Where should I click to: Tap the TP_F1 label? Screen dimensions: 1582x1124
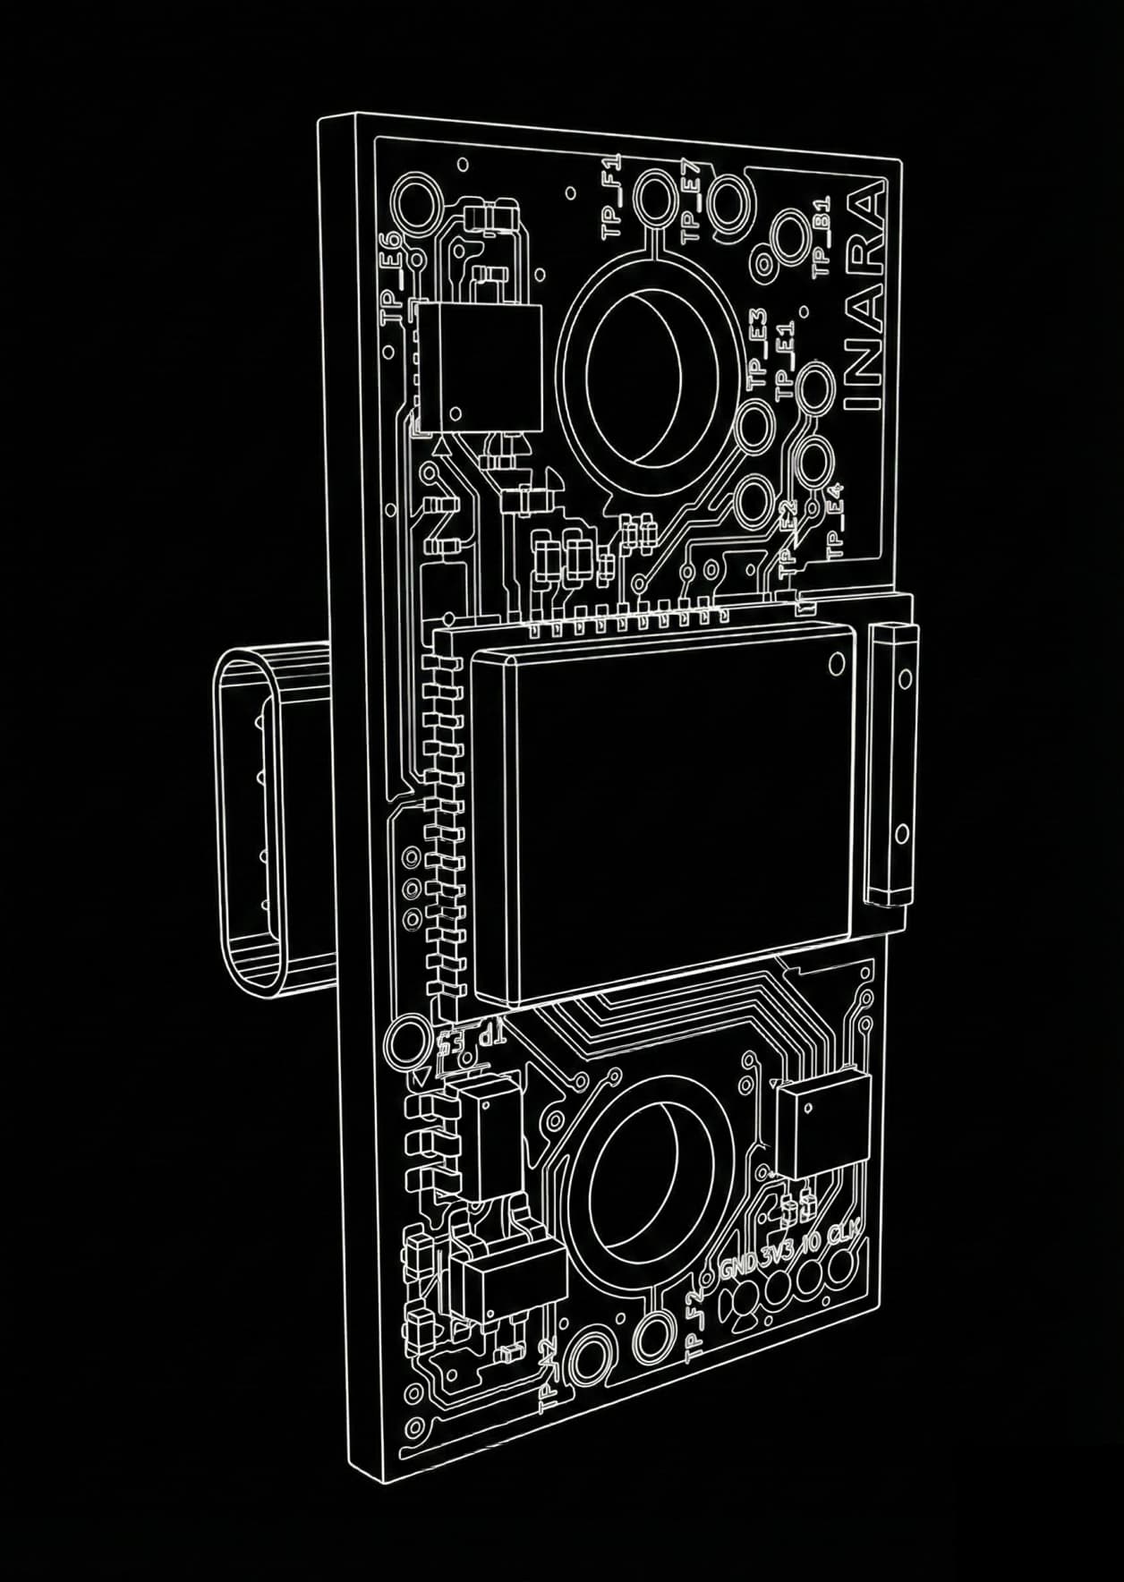coord(611,194)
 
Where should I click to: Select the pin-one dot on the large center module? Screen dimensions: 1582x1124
coord(838,663)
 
